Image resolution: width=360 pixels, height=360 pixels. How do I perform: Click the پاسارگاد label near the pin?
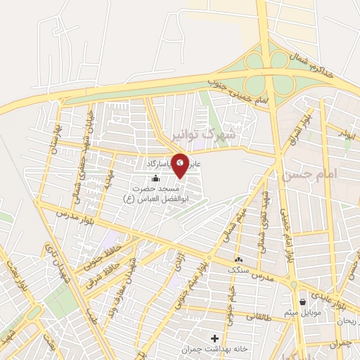pos(156,163)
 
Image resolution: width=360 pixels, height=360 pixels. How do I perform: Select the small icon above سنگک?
pos(238,258)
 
